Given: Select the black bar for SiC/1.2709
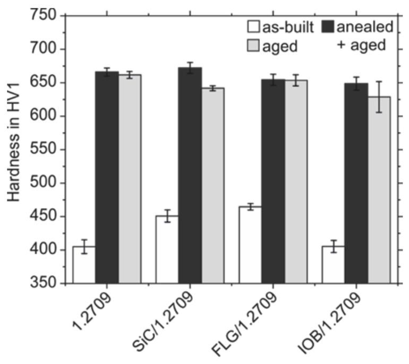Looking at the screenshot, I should tap(190, 175).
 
